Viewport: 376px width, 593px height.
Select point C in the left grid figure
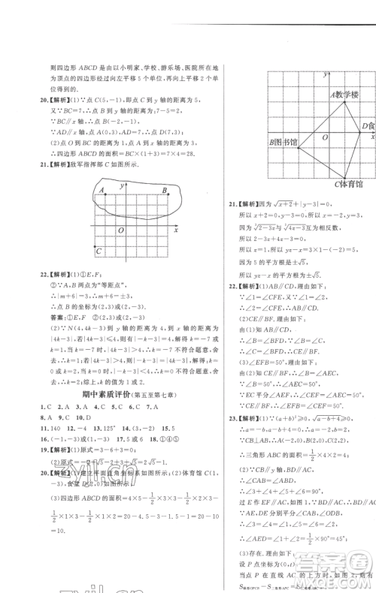pyautogui.click(x=99, y=251)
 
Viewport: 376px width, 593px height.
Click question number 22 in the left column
pyautogui.click(x=21, y=274)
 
